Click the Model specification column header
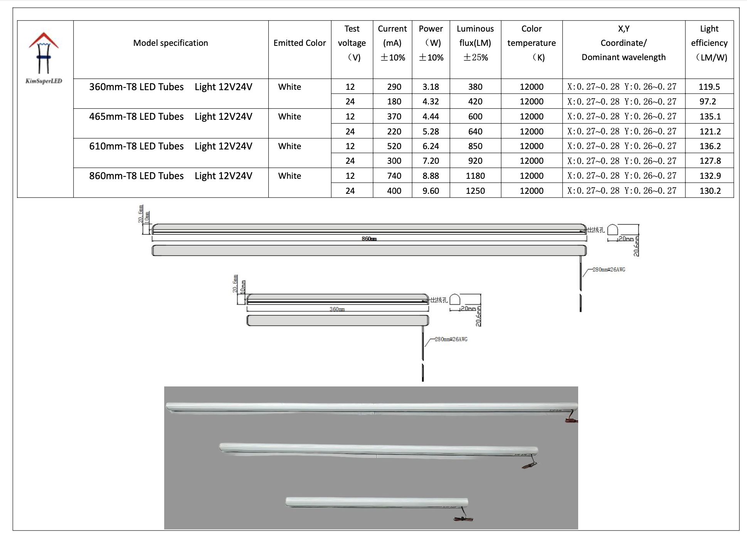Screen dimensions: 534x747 pos(170,43)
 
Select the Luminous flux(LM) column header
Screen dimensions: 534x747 pos(475,43)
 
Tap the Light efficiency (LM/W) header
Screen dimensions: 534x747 pos(709,43)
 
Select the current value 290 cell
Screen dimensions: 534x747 pos(394,87)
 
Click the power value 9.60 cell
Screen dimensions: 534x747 pos(431,191)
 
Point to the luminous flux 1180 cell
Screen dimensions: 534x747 pos(475,176)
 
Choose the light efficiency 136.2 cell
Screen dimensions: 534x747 pos(710,146)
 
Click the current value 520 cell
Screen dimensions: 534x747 pos(394,146)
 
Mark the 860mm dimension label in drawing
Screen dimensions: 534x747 pos(369,239)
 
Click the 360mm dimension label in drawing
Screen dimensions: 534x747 pos(337,309)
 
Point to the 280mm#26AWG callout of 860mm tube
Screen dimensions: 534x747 pos(609,269)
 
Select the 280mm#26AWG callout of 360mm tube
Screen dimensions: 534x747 pos(451,339)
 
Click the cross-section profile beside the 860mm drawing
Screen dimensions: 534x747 pos(612,230)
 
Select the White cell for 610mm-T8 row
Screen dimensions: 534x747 pos(289,146)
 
